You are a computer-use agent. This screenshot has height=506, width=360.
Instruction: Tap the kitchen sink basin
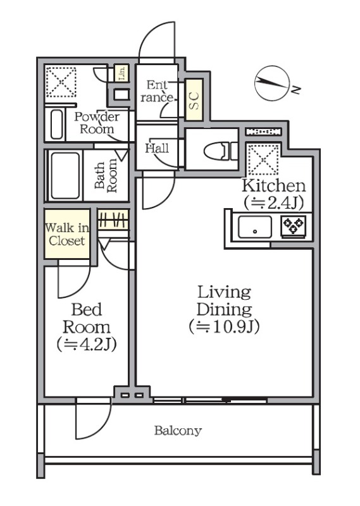(x=255, y=227)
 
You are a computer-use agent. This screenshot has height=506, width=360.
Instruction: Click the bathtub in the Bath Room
(x=65, y=176)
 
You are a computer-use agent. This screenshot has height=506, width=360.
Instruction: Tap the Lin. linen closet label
(x=121, y=73)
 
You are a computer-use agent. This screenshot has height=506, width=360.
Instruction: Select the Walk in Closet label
(x=67, y=234)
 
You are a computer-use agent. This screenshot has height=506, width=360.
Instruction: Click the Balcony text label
(x=178, y=431)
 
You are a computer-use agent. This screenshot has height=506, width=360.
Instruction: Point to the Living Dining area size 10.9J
(x=225, y=327)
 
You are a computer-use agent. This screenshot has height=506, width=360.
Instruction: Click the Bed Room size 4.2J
(x=87, y=345)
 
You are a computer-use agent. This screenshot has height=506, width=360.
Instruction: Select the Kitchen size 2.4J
(x=274, y=202)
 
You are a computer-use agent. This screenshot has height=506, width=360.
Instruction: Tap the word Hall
(x=157, y=149)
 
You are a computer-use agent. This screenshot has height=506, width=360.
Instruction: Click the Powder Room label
(x=97, y=123)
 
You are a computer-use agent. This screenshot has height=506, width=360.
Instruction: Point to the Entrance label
(x=157, y=91)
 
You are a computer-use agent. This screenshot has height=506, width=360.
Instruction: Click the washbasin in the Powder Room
(x=56, y=124)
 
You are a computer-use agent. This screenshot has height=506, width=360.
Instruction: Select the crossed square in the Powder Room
(x=61, y=82)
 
